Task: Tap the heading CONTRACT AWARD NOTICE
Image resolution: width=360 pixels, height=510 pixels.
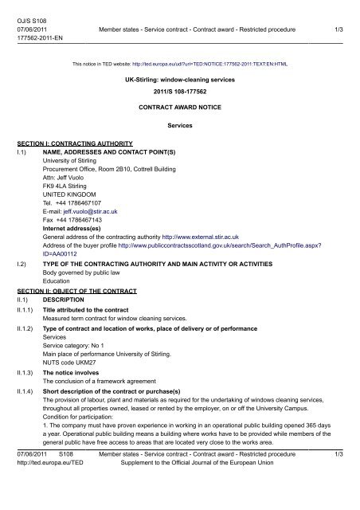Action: [178, 106]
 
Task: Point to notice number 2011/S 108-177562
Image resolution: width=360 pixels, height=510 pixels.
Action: [178, 93]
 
